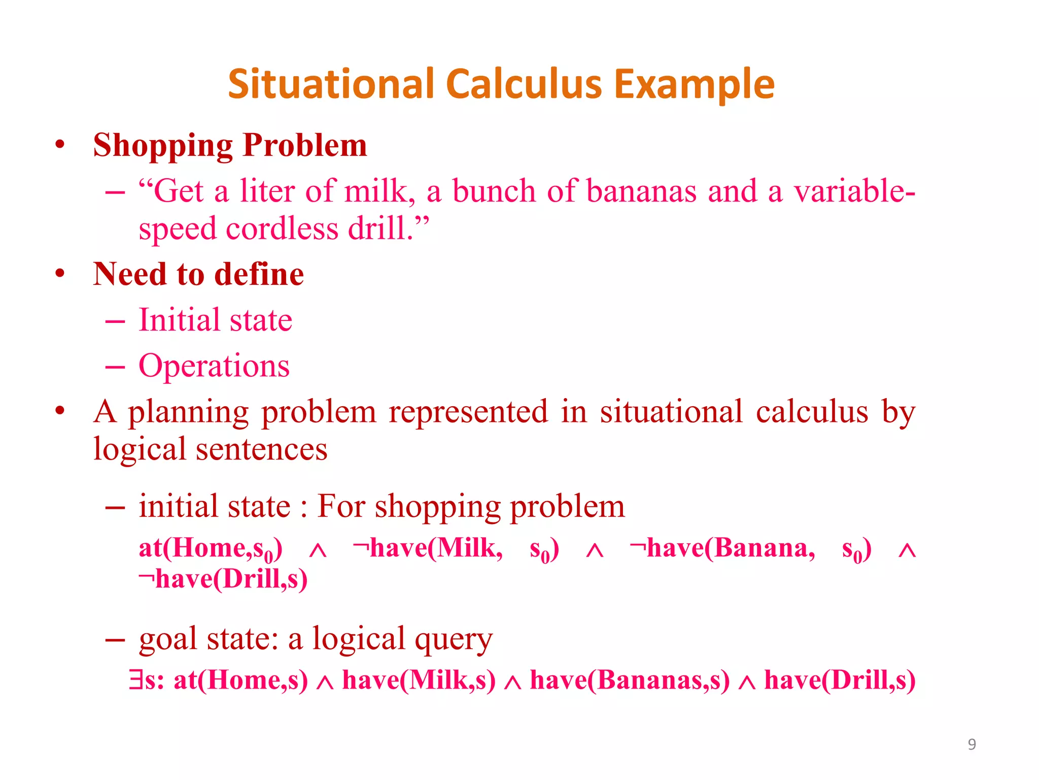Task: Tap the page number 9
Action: click(x=972, y=744)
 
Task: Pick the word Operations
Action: click(x=214, y=366)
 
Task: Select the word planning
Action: click(x=188, y=412)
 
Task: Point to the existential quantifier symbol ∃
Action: click(x=135, y=679)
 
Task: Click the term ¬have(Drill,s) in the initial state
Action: click(x=223, y=579)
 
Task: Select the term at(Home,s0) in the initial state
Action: click(x=211, y=549)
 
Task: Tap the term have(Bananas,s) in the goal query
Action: click(x=630, y=679)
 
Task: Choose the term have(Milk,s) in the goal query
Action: click(x=419, y=679)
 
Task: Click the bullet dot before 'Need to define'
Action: click(x=60, y=274)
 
